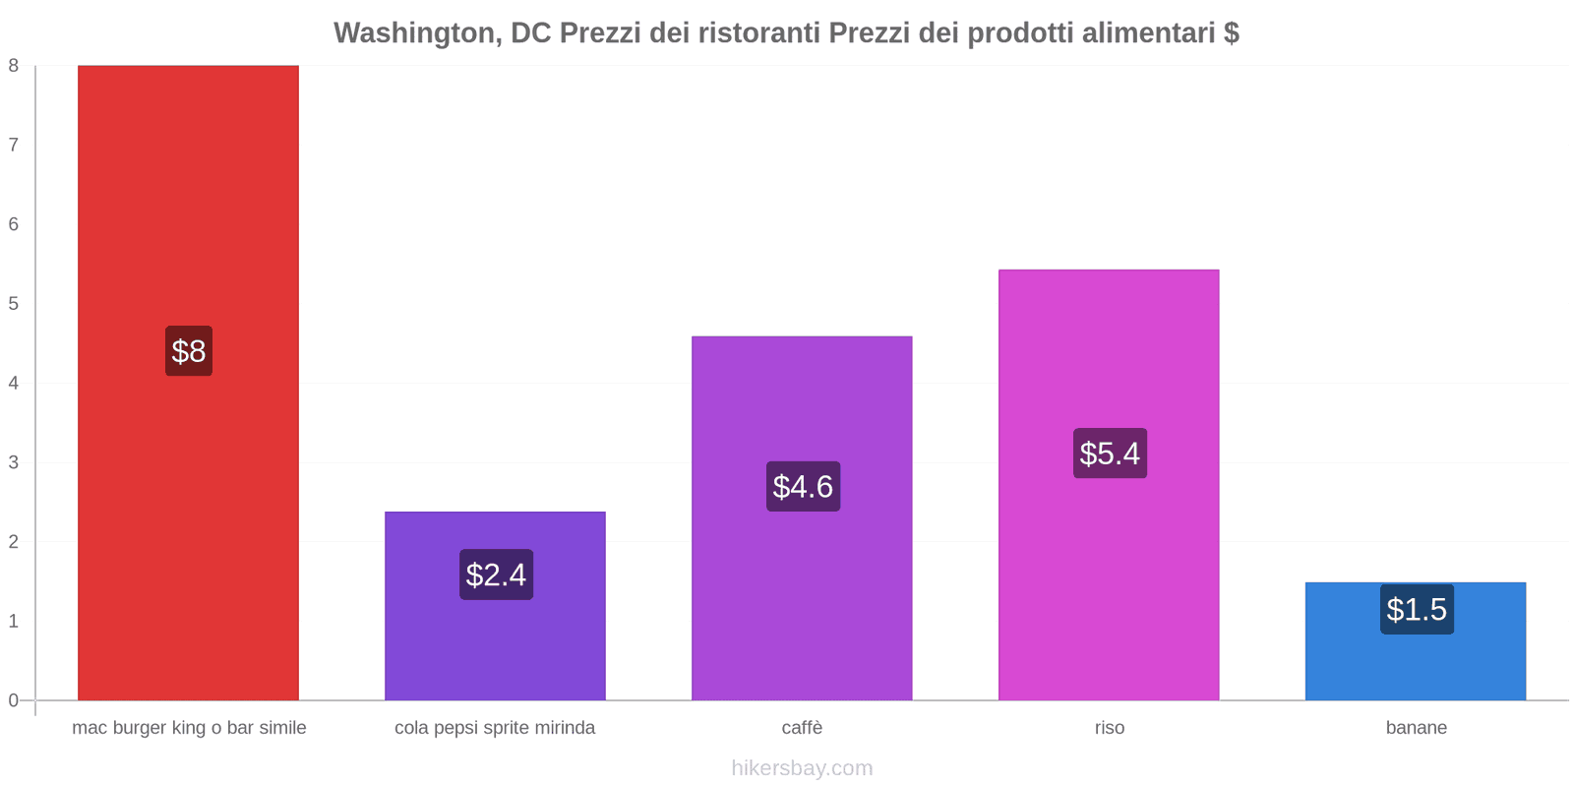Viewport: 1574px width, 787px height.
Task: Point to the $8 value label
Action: pyautogui.click(x=189, y=351)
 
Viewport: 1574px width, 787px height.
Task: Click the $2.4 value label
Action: pyautogui.click(x=496, y=575)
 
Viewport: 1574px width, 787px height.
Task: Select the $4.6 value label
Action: pyautogui.click(x=803, y=487)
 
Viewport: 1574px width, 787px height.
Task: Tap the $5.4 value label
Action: pyautogui.click(x=1110, y=454)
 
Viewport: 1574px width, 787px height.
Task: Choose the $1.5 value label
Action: pyautogui.click(x=1417, y=610)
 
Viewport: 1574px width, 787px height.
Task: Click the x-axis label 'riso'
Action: pyautogui.click(x=1110, y=728)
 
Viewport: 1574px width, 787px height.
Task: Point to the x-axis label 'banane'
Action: pyautogui.click(x=1417, y=728)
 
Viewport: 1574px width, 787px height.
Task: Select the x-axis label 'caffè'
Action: pyautogui.click(x=802, y=728)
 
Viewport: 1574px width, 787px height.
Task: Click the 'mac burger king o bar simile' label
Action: pyautogui.click(x=189, y=728)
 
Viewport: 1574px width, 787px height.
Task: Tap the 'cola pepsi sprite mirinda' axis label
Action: pyautogui.click(x=495, y=728)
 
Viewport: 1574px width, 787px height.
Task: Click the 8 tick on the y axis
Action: pyautogui.click(x=14, y=66)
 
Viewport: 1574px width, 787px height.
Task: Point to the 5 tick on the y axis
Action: pyautogui.click(x=14, y=304)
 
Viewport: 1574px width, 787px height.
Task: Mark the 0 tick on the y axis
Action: pyautogui.click(x=14, y=700)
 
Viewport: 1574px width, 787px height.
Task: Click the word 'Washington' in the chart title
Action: pyautogui.click(x=414, y=33)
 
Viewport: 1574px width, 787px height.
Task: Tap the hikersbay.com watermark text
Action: pyautogui.click(x=802, y=768)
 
